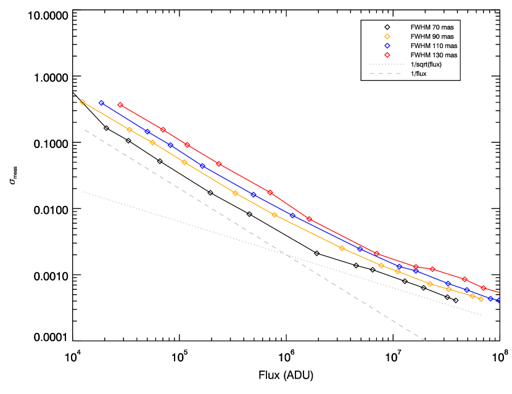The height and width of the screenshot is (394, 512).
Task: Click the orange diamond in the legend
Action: click(x=387, y=36)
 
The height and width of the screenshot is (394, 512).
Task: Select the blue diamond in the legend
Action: click(x=387, y=46)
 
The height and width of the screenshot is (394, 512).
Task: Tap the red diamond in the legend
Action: click(x=387, y=55)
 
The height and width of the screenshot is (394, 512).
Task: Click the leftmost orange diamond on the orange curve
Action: click(x=83, y=102)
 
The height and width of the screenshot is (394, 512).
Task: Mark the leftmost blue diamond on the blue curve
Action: click(x=101, y=103)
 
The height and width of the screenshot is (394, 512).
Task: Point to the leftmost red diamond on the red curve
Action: click(x=120, y=105)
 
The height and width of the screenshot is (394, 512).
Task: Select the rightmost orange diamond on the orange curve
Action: click(x=481, y=299)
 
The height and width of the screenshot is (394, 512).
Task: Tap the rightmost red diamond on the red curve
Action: click(x=484, y=288)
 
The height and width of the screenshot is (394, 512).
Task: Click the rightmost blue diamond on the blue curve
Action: click(x=498, y=300)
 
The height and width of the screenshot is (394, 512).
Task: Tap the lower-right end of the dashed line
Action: click(x=426, y=340)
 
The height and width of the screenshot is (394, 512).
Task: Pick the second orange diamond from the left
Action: click(x=130, y=129)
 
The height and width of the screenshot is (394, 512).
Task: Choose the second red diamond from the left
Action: click(x=163, y=129)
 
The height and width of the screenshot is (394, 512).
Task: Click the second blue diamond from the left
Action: click(x=147, y=132)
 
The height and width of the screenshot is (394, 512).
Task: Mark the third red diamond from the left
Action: click(x=187, y=145)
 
